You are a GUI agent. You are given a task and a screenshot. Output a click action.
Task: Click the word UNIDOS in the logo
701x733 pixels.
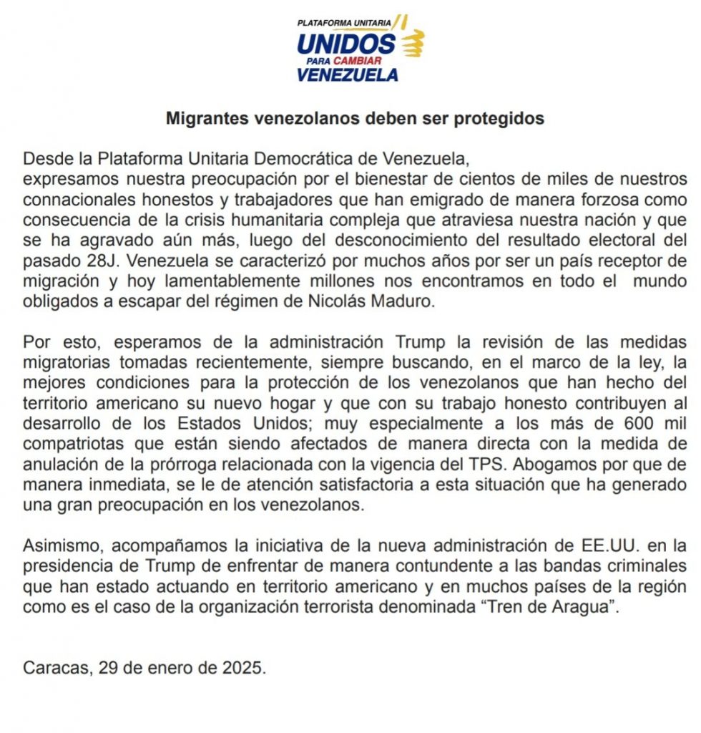pyautogui.click(x=345, y=44)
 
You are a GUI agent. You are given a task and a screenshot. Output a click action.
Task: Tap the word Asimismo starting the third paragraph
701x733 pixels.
pyautogui.click(x=59, y=546)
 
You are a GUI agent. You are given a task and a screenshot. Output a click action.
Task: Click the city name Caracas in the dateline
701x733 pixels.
pyautogui.click(x=54, y=669)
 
